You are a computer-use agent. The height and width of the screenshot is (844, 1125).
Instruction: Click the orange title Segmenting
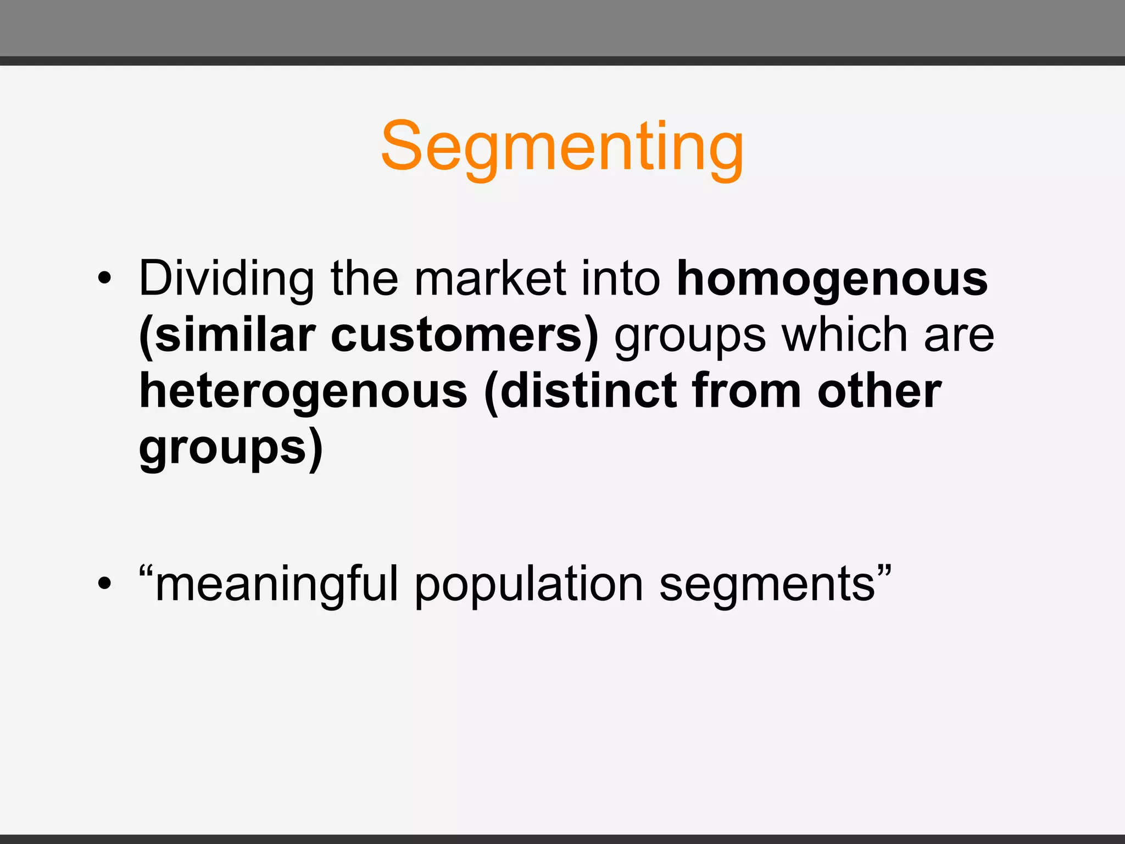[x=562, y=147]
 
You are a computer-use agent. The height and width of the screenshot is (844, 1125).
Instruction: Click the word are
[x=959, y=336]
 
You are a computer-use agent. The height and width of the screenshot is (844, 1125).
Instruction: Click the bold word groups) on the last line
[x=231, y=449]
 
